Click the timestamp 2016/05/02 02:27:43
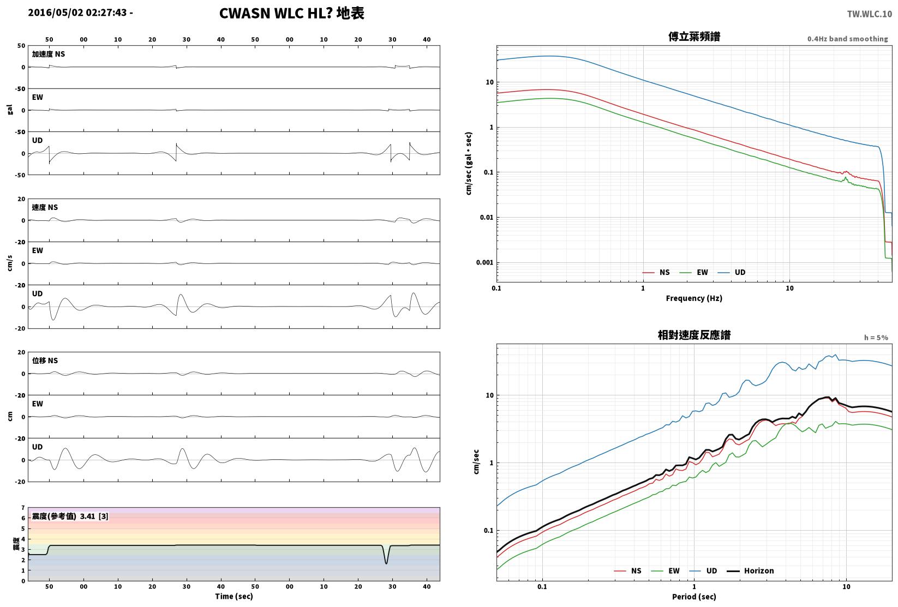[x=77, y=13]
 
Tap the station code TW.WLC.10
[x=869, y=14]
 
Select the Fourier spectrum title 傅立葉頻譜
[x=694, y=37]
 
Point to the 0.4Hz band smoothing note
[x=847, y=39]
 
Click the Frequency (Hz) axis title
[x=694, y=298]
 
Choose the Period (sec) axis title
[x=694, y=597]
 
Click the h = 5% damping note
[x=876, y=338]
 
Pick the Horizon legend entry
[x=751, y=570]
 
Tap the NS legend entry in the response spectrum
[x=627, y=570]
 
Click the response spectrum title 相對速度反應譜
[x=694, y=335]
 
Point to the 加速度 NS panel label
[x=48, y=54]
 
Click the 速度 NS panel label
[x=45, y=207]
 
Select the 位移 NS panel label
[x=45, y=360]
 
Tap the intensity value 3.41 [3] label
[x=94, y=516]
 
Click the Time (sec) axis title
[x=234, y=596]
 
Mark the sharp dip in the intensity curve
[x=386, y=563]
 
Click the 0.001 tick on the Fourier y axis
[x=484, y=262]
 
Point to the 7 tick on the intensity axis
[x=23, y=508]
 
